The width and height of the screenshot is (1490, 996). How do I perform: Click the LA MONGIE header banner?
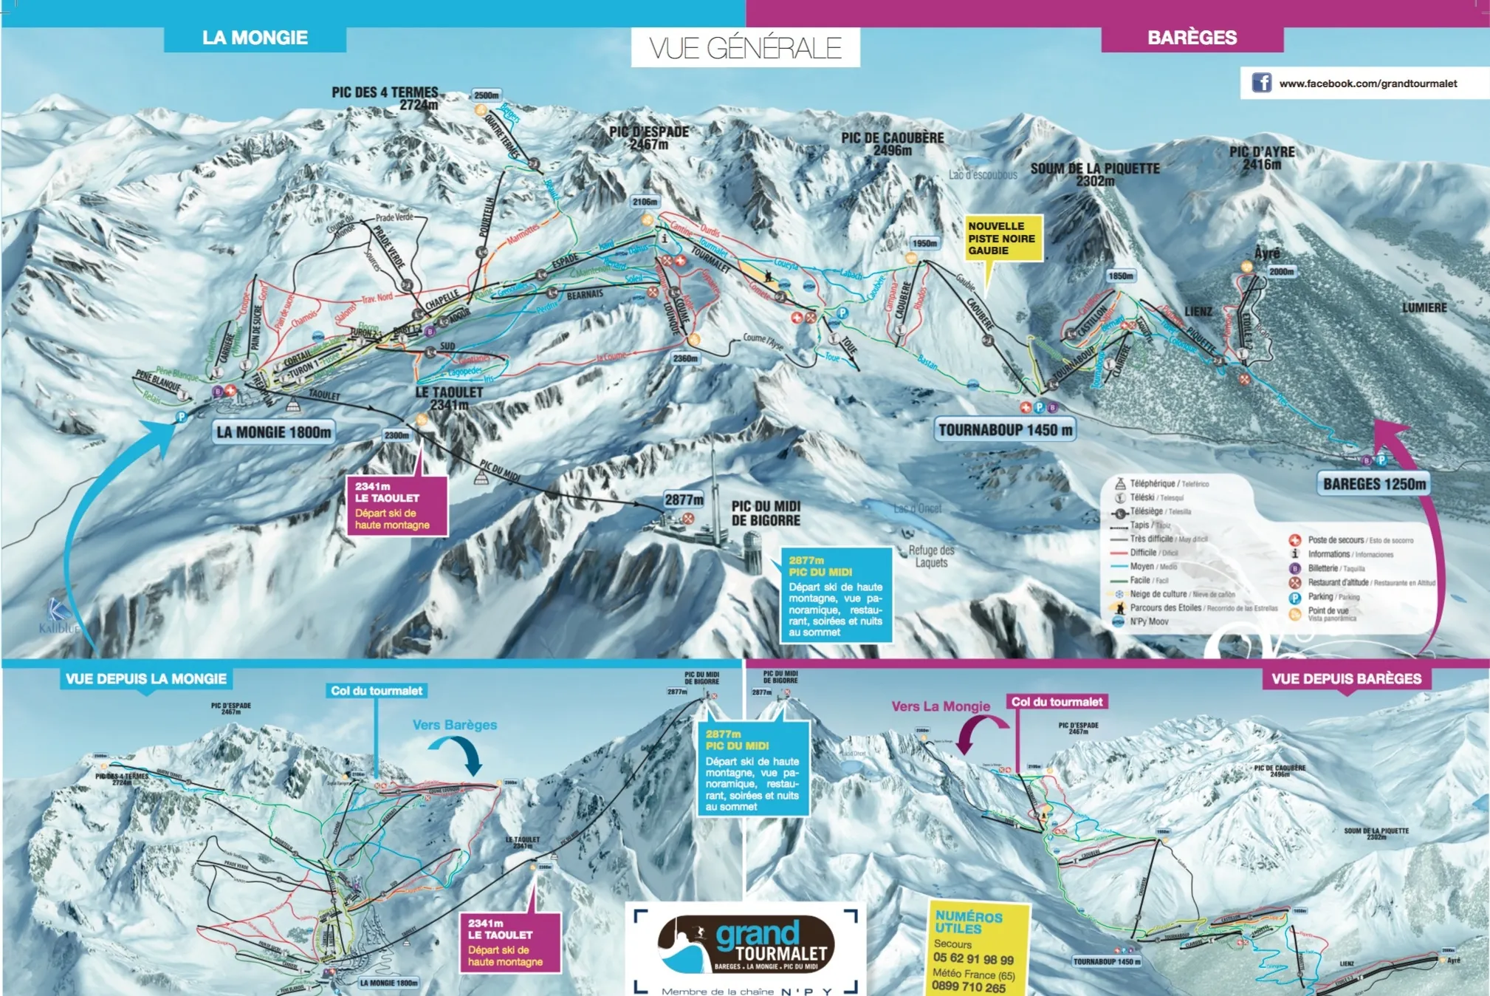tap(255, 38)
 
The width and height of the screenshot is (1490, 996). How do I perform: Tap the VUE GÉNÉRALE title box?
tap(745, 48)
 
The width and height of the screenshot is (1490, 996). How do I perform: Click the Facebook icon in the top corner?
tap(1261, 83)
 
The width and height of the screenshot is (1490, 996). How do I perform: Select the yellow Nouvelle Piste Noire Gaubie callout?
tap(1003, 238)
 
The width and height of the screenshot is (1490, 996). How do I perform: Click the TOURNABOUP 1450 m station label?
tap(1005, 430)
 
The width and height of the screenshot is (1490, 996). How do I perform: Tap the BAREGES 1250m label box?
tap(1373, 484)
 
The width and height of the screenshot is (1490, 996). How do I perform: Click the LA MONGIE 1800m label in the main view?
tap(274, 432)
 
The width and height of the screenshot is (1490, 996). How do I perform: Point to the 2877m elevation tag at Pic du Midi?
tap(683, 499)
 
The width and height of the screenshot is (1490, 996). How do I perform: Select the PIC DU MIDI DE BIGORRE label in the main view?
tap(766, 514)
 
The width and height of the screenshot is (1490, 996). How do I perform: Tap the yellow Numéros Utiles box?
tap(976, 949)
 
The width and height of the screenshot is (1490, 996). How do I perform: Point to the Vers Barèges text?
tap(454, 725)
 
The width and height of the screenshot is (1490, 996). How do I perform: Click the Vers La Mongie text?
tap(940, 706)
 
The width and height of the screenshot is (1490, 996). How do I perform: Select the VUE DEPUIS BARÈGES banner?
tap(1345, 678)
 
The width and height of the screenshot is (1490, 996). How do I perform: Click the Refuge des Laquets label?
tap(931, 556)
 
